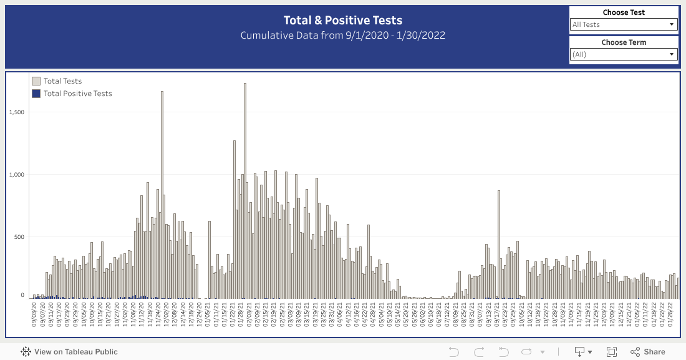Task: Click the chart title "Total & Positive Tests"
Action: tap(343, 21)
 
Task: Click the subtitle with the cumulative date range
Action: tap(343, 35)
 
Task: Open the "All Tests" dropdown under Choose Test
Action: tap(624, 24)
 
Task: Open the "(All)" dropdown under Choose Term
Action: tap(624, 54)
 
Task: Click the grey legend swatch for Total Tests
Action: tap(36, 81)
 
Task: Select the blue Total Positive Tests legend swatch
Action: tap(36, 94)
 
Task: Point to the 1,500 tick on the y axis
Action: tap(17, 112)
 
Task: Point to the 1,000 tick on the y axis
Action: tap(17, 175)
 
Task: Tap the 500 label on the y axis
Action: tap(19, 237)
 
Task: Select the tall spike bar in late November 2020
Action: tap(162, 193)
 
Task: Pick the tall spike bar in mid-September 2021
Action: tap(499, 243)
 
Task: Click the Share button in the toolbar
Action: tap(648, 352)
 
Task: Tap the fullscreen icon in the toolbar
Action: tap(612, 352)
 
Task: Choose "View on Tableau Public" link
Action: tap(69, 352)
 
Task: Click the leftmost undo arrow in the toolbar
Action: tap(453, 352)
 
